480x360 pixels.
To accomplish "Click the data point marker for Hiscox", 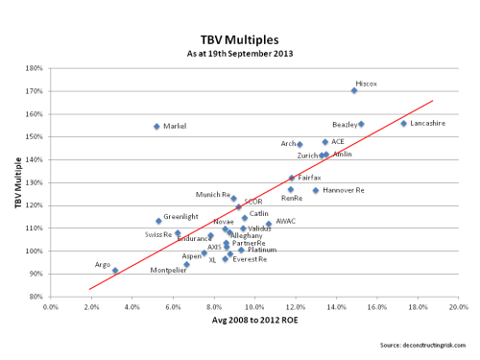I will click(354, 90).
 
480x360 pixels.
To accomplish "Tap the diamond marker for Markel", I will click(156, 127).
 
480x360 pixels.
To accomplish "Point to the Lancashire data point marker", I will click(404, 123).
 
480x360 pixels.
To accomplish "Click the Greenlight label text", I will click(180, 217).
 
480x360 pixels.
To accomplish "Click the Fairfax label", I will click(309, 178).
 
